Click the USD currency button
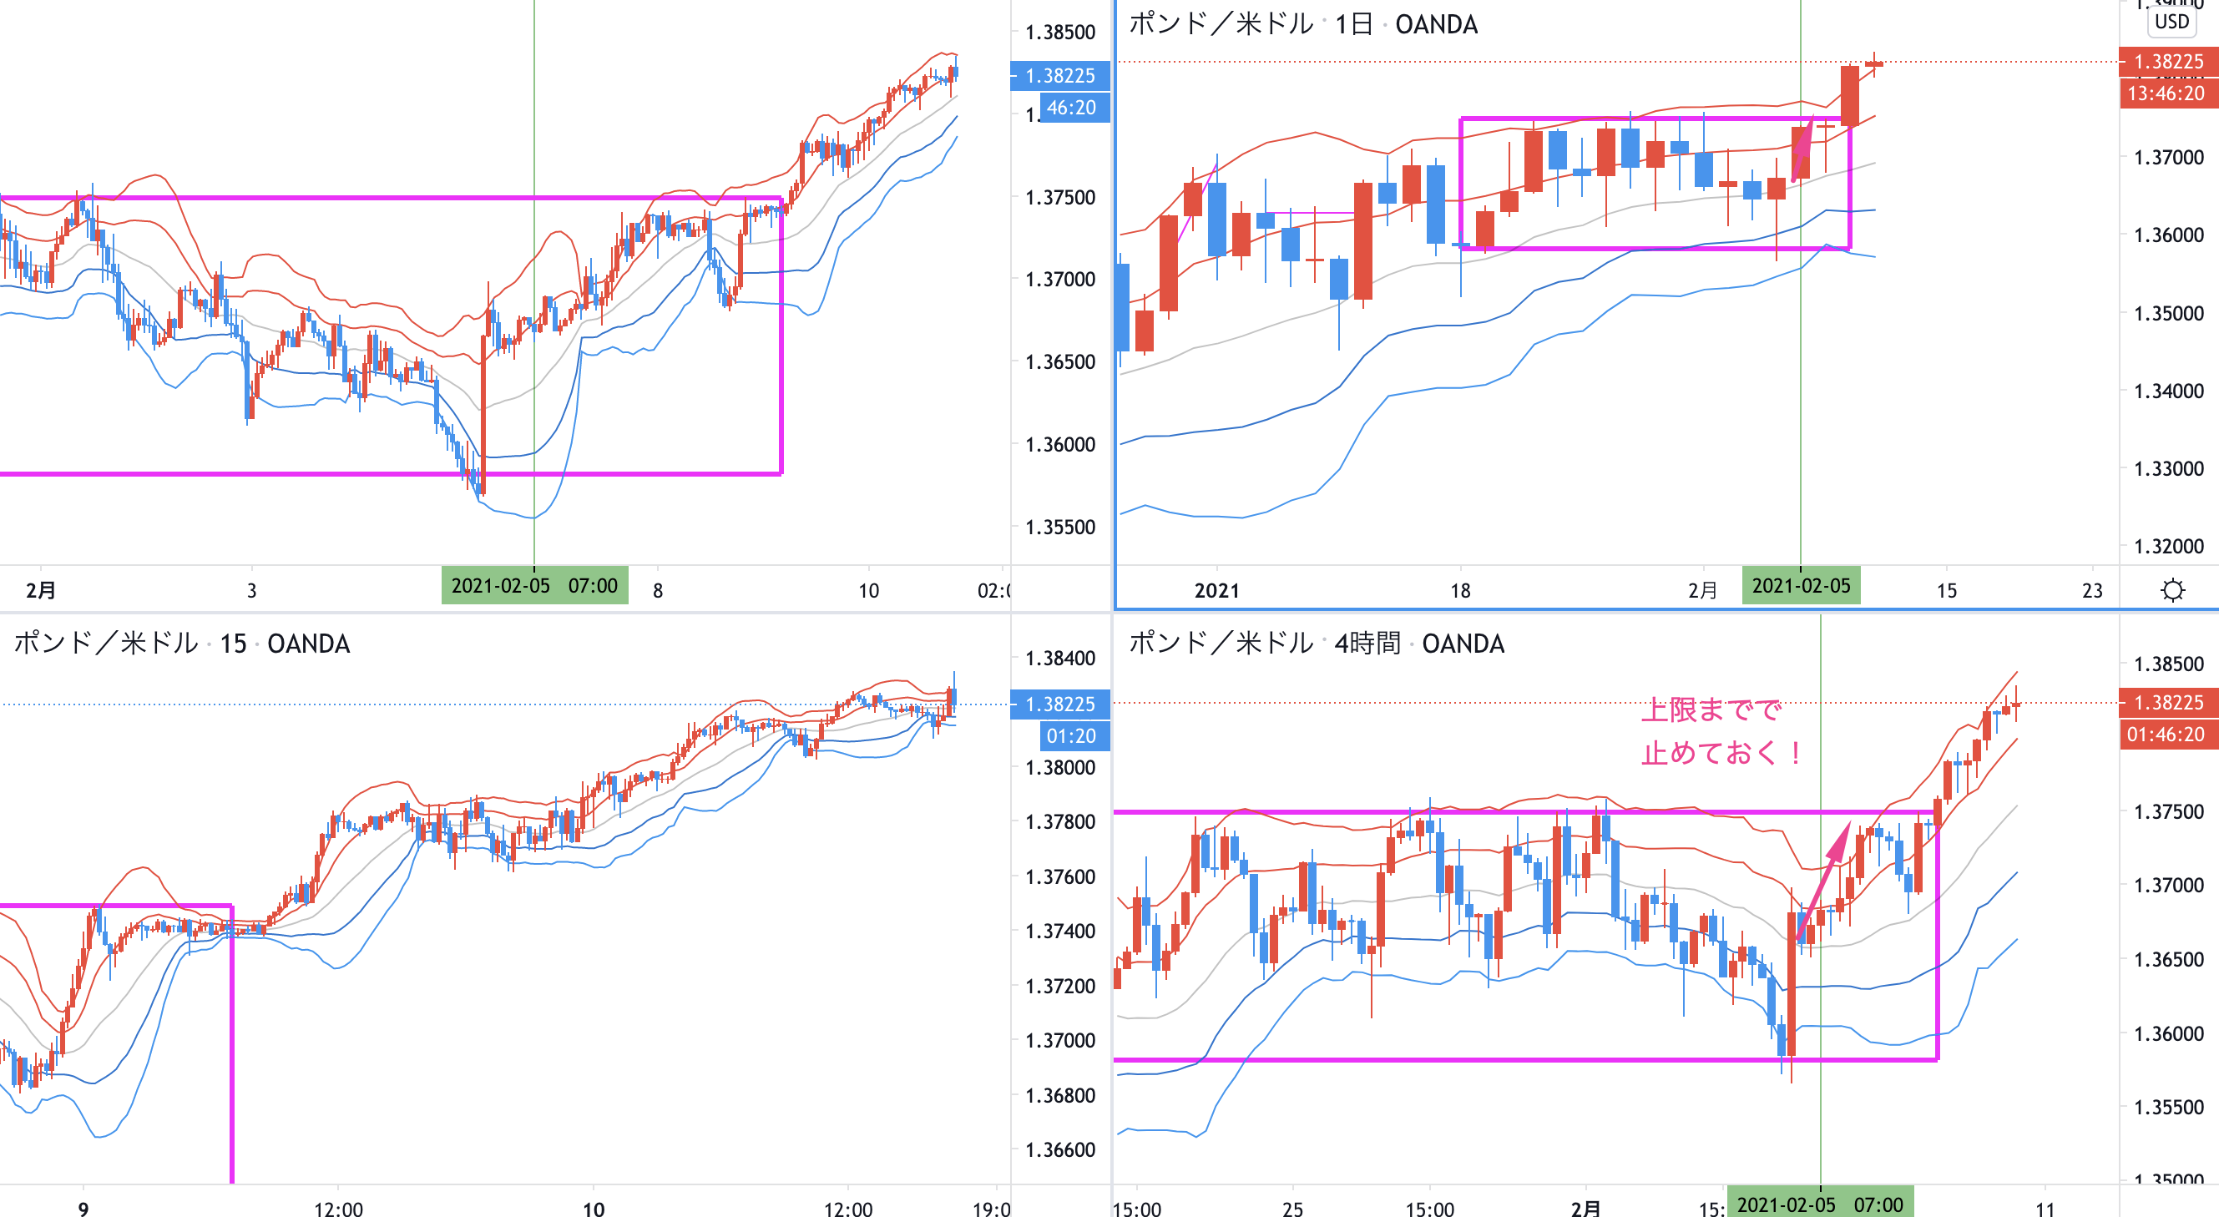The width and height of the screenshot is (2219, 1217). (x=2171, y=21)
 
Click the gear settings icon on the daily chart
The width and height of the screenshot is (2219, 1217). (x=2172, y=590)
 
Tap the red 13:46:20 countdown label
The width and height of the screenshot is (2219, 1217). (x=2166, y=93)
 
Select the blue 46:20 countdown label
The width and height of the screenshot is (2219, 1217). (x=1071, y=108)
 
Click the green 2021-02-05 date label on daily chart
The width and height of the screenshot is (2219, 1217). (x=1801, y=586)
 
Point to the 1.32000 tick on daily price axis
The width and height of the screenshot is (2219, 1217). (x=2168, y=546)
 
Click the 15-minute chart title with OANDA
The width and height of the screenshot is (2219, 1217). (x=182, y=644)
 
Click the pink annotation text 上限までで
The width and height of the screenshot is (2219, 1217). (x=1711, y=709)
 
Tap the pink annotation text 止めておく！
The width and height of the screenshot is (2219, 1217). (x=1721, y=753)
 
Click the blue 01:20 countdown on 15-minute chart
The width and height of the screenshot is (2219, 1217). (x=1071, y=736)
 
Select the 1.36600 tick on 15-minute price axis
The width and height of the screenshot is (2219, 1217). (x=1059, y=1150)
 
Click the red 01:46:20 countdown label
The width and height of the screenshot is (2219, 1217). (x=2166, y=735)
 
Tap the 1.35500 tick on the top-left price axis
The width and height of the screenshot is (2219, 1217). (x=1059, y=527)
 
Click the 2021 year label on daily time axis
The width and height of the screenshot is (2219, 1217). (x=1216, y=590)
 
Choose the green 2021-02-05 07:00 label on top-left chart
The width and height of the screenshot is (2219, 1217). (x=534, y=586)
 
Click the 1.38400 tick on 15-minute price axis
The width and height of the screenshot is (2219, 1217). (x=1059, y=658)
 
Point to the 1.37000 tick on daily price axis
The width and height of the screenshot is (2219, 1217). (x=2168, y=157)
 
